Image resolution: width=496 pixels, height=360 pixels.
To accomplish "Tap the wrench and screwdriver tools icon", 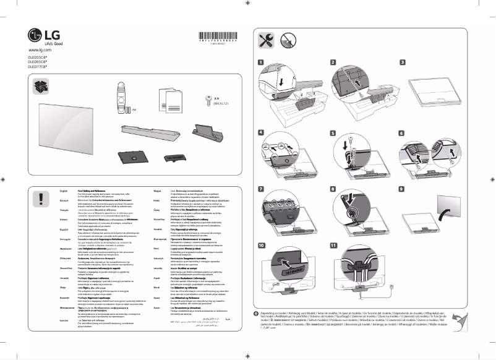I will [x=265, y=41].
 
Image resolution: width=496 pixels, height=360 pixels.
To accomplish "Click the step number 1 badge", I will [x=260, y=62].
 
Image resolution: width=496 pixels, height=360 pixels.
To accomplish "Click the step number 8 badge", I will [x=333, y=189].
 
